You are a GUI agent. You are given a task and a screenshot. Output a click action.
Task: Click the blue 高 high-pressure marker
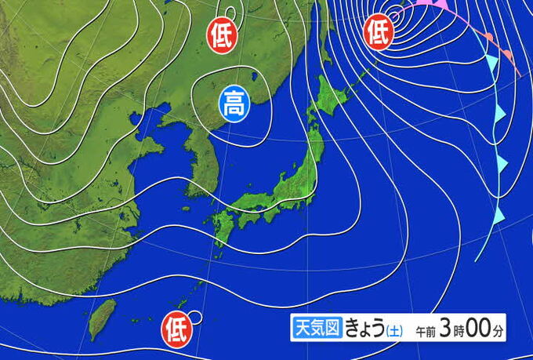pos(233,103)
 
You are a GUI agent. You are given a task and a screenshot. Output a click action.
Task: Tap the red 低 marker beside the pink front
pos(379,32)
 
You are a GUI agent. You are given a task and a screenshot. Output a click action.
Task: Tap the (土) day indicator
pos(393,331)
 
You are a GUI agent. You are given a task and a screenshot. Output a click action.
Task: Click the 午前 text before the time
pos(426,331)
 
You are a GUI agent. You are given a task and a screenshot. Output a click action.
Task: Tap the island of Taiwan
pos(100,320)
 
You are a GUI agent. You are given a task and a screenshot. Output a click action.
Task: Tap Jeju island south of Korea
pos(186,209)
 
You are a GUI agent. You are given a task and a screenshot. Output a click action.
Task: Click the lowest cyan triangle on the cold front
pos(499,213)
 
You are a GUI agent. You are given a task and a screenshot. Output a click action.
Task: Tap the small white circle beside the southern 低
pos(195,318)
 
